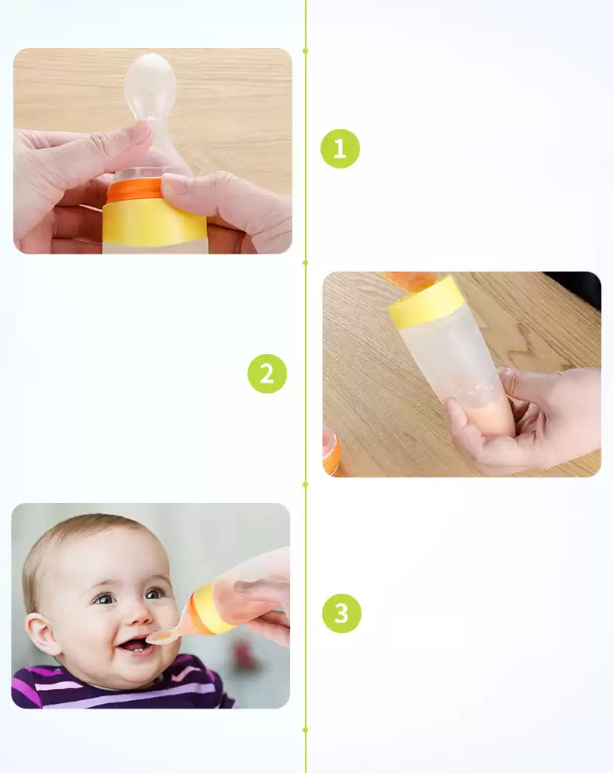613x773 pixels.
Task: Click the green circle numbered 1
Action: point(340,148)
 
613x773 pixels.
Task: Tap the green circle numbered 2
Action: point(267,373)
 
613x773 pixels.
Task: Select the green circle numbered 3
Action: point(341,613)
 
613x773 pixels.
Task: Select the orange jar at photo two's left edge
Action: point(331,451)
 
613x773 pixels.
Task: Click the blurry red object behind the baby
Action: point(244,657)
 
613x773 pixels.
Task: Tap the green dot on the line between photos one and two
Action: point(306,263)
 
